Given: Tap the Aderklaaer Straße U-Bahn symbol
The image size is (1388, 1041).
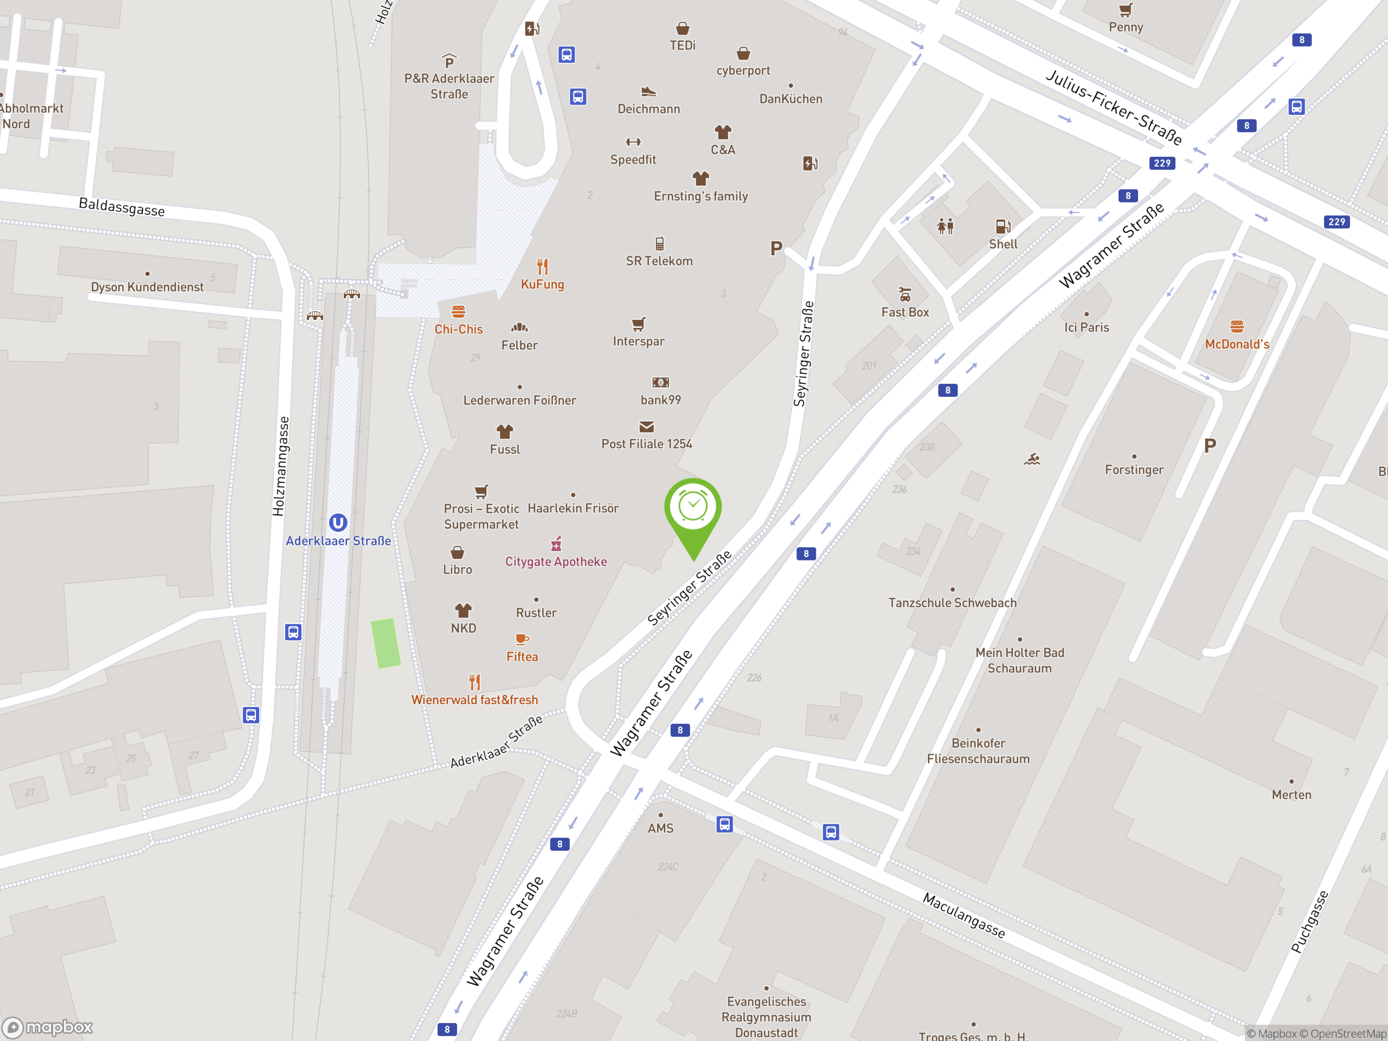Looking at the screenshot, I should [x=338, y=523].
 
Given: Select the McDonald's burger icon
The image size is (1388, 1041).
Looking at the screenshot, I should [x=1237, y=326].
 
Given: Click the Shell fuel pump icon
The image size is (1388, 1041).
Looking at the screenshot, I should [x=1003, y=227].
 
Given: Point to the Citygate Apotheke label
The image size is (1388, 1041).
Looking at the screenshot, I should [x=556, y=562].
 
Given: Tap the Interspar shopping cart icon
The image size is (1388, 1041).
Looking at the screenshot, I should [x=638, y=324].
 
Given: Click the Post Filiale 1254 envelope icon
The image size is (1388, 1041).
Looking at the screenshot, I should [x=646, y=427].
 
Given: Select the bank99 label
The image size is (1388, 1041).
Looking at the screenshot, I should [x=660, y=400].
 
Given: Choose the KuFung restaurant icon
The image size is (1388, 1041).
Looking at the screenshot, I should [x=542, y=267].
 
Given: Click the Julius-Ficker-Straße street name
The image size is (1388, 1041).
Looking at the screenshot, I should [x=1114, y=107].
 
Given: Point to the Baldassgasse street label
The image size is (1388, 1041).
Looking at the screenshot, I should [x=122, y=207].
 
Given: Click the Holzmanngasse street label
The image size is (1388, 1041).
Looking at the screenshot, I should [x=280, y=466].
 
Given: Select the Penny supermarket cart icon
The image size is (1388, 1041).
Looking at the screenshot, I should [x=1126, y=10].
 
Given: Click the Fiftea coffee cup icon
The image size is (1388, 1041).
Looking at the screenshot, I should [x=522, y=639].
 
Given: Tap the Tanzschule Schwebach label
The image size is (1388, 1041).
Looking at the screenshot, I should [x=952, y=603].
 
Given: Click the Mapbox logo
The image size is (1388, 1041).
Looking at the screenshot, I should [x=48, y=1027].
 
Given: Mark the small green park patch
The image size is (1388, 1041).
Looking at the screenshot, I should [x=385, y=643].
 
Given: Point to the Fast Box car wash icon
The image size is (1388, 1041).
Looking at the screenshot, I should [x=905, y=294].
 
